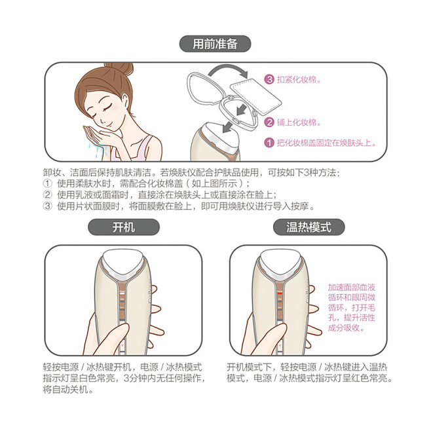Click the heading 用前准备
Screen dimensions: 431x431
pos(215,44)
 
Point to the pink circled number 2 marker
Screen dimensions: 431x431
pos(269,122)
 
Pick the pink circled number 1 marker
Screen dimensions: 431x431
pos(269,142)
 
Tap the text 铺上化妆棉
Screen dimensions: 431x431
pos(299,122)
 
